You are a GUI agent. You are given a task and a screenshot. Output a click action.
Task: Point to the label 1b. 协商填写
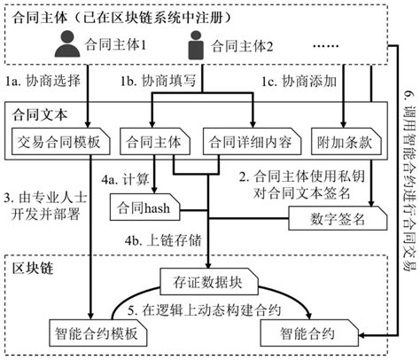[157, 82]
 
